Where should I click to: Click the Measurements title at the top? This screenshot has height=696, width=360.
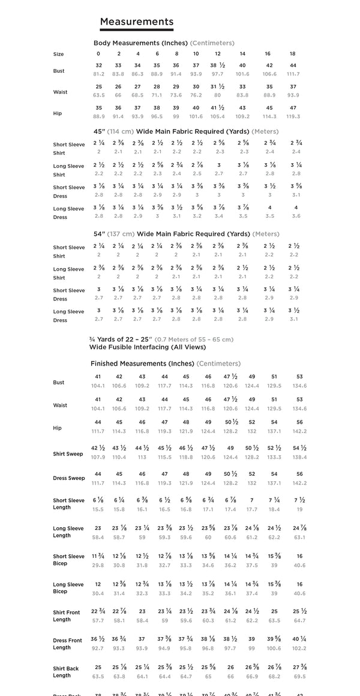[x=136, y=22]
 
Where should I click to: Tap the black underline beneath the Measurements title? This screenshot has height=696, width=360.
[x=136, y=29]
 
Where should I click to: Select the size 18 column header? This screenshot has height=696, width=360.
[x=292, y=54]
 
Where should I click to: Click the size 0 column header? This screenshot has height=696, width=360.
[x=98, y=54]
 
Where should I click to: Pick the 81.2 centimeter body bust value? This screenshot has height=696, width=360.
[x=99, y=74]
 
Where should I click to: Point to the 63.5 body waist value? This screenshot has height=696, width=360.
[x=99, y=95]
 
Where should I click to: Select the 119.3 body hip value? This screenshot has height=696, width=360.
[x=293, y=116]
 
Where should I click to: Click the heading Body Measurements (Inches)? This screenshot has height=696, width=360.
[x=141, y=43]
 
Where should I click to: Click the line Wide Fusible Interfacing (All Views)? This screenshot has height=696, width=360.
[x=148, y=347]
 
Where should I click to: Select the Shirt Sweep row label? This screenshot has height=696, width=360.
[x=68, y=454]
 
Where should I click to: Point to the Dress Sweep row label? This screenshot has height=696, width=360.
[x=68, y=479]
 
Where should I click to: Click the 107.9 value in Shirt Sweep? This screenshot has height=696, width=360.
[x=98, y=457]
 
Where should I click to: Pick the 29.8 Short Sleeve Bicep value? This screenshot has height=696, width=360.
[x=98, y=565]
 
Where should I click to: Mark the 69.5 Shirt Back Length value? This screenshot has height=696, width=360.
[x=299, y=676]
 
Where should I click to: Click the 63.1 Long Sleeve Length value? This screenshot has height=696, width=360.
[x=299, y=538]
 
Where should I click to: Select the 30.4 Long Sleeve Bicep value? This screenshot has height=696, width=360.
[x=98, y=593]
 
